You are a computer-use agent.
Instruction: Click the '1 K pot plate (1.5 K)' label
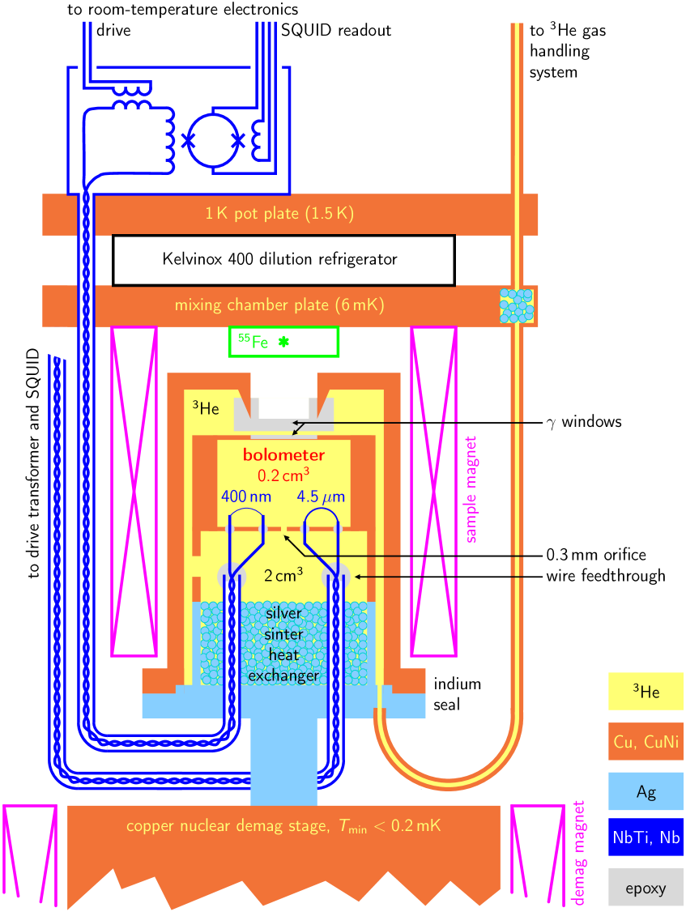point(279,215)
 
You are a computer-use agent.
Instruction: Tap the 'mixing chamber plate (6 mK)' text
point(279,305)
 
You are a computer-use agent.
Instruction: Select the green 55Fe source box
point(283,343)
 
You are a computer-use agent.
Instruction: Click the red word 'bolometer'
point(283,455)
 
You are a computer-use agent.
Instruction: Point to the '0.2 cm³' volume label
point(283,475)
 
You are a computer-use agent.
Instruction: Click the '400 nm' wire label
point(246,496)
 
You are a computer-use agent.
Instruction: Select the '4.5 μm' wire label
point(322,496)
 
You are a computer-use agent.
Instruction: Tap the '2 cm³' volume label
point(283,576)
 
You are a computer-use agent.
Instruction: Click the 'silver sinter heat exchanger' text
point(283,645)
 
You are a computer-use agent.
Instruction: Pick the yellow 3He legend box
point(646,691)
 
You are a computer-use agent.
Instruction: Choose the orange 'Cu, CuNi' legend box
point(646,742)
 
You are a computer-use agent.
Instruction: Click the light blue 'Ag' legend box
point(646,791)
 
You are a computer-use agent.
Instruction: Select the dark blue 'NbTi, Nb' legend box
point(646,837)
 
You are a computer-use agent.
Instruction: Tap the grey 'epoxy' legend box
point(646,888)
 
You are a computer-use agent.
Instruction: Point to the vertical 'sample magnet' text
point(471,489)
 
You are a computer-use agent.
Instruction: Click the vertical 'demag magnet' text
point(578,852)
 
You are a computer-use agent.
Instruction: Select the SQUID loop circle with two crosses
point(213,140)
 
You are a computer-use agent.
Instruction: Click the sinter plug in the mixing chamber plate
point(517,306)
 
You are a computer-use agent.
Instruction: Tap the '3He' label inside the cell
point(206,408)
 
